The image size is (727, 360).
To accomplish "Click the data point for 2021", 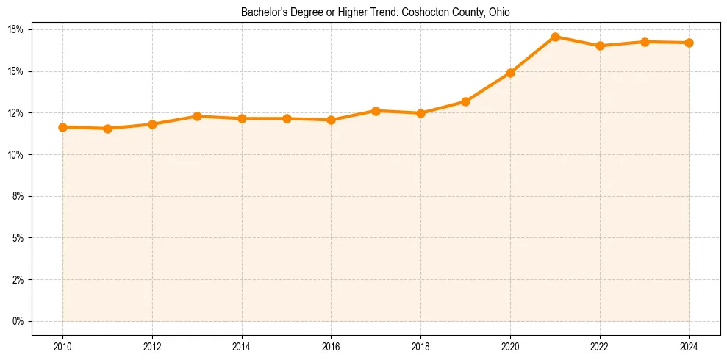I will (x=555, y=37).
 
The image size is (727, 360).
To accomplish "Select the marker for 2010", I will (x=62, y=127).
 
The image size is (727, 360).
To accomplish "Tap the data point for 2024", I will (x=689, y=43).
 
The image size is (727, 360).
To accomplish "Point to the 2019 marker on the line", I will (x=465, y=101).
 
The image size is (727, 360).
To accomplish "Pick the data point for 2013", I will (x=197, y=116).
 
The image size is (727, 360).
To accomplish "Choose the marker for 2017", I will (x=376, y=111).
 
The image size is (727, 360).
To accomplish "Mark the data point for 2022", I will (x=600, y=46).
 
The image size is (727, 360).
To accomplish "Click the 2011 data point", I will (x=107, y=129).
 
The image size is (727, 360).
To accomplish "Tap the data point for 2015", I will (x=287, y=118).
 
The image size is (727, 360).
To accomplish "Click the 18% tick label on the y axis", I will (x=16, y=29).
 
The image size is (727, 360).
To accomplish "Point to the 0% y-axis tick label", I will (x=18, y=321).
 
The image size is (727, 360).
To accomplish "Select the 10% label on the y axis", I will (x=16, y=154).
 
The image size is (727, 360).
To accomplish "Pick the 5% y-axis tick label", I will (x=18, y=238).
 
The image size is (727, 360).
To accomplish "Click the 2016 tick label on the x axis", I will (x=331, y=345).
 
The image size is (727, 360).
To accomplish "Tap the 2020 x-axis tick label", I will (x=510, y=345).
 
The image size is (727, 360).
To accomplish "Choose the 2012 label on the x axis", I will (x=152, y=345).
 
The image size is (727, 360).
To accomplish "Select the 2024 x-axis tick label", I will (x=689, y=345).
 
